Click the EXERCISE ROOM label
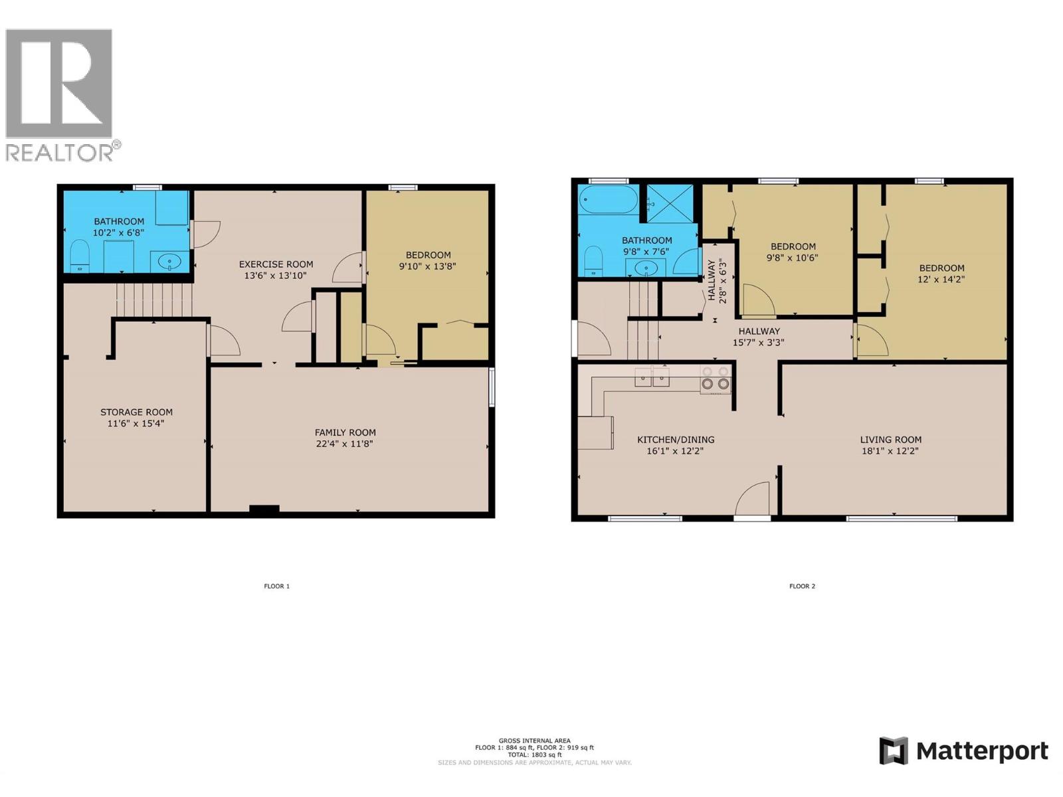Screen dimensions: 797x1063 [276, 264]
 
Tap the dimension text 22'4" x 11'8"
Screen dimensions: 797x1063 [345, 444]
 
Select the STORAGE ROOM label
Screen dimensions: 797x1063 [136, 412]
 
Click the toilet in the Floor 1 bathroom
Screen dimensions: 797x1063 [80, 256]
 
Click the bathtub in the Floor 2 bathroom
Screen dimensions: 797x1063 [608, 199]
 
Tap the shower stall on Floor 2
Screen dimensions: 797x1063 [670, 204]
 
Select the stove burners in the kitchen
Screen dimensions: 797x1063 [716, 379]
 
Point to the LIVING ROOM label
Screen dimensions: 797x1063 [890, 440]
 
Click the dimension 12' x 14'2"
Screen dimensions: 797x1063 [941, 280]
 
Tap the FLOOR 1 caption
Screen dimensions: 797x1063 [276, 586]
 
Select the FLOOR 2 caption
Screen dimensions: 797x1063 [802, 586]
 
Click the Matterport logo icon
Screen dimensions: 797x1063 [893, 751]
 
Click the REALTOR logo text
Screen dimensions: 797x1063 [60, 153]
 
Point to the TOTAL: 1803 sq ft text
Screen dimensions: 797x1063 [534, 755]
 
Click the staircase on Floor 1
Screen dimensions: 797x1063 [153, 300]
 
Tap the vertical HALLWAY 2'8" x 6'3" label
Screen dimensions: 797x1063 [716, 280]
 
